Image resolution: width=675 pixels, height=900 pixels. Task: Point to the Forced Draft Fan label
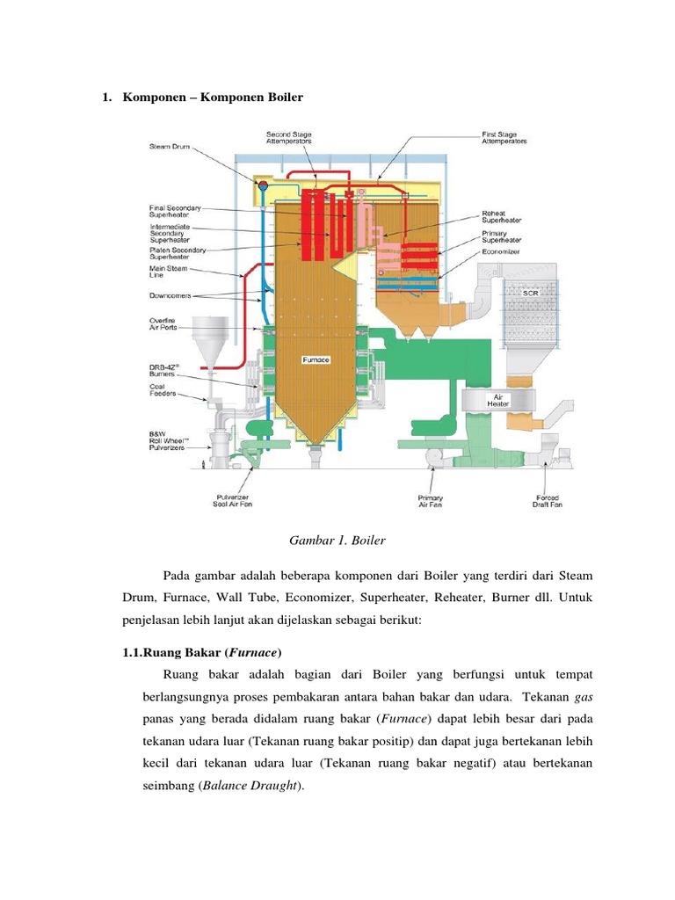tap(548, 501)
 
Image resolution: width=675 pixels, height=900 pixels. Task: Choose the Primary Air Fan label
tap(431, 501)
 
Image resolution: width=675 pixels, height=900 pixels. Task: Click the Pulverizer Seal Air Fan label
tap(232, 501)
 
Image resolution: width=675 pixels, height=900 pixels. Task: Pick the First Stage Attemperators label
tap(504, 138)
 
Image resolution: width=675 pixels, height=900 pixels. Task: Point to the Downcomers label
tap(171, 296)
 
